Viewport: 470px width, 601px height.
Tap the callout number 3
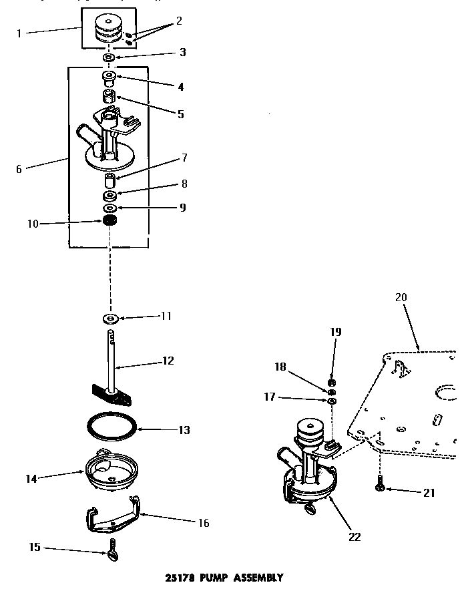(182, 52)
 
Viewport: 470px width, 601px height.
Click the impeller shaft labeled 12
(111, 364)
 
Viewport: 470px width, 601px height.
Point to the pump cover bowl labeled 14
(107, 471)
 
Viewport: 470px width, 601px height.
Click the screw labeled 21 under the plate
(381, 485)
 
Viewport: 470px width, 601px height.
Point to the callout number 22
(355, 536)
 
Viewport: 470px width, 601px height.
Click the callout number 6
(19, 169)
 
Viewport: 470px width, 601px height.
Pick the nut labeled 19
(332, 383)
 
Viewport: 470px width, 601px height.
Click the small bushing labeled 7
(111, 181)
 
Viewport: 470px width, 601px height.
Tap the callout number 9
(182, 208)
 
